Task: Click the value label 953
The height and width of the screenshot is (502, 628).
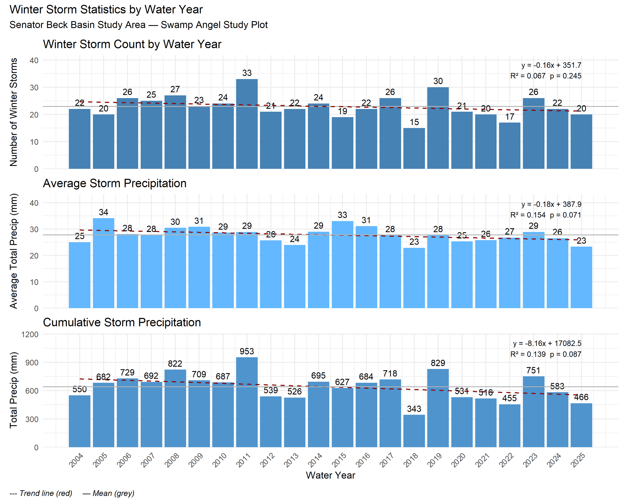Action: [247, 351]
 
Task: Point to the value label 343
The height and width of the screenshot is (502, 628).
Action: [414, 409]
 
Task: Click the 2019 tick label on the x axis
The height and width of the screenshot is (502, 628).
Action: [435, 460]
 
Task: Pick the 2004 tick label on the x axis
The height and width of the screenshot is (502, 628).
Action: [76, 460]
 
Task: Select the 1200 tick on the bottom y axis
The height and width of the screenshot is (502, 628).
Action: [30, 334]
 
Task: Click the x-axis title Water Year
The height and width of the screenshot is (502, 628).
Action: [330, 475]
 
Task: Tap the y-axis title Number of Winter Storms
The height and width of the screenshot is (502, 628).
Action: [13, 112]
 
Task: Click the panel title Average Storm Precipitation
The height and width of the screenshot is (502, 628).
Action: [115, 183]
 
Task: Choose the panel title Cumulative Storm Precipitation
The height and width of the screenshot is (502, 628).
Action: [122, 323]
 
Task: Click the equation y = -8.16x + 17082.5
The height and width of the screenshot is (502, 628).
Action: [547, 343]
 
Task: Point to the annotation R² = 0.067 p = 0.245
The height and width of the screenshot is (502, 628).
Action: [546, 76]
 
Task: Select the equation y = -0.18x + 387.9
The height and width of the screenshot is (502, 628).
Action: [551, 204]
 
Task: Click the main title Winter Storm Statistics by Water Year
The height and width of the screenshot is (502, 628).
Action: [106, 10]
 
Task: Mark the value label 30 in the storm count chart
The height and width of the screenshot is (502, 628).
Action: [438, 81]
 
